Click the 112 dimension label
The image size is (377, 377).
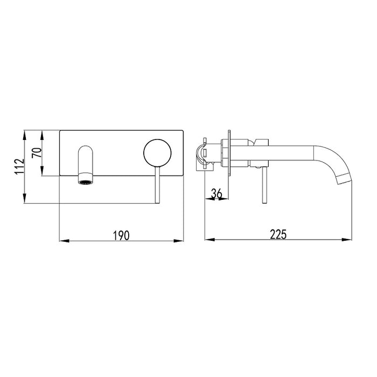[x=19, y=166]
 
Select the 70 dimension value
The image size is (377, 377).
[x=37, y=153]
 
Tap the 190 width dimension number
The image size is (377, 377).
[x=121, y=235]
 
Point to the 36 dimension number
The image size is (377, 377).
[x=217, y=192]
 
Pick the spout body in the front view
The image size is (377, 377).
[x=86, y=162]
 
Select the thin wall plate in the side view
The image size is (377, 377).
[x=230, y=153]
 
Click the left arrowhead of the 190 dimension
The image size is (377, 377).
[x=61, y=240]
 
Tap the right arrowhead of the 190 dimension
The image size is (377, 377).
[x=181, y=240]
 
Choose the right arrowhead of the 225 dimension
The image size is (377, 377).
[x=350, y=240]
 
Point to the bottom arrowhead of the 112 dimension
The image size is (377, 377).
[x=25, y=199]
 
